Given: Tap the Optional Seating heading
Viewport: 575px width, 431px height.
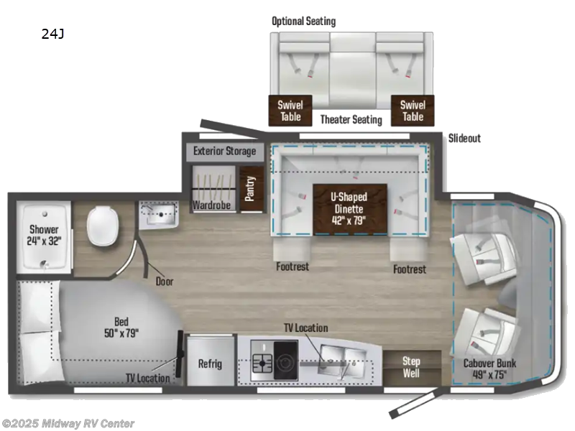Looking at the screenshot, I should click(x=303, y=21).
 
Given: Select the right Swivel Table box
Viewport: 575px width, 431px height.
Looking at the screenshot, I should click(x=413, y=111).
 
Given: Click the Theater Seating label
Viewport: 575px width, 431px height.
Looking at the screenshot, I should click(x=351, y=119).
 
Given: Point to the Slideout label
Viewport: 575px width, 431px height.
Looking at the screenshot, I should click(x=464, y=138).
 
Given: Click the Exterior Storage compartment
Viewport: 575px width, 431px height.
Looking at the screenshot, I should click(x=224, y=152).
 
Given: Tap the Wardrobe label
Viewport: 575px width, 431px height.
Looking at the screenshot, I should click(x=210, y=205).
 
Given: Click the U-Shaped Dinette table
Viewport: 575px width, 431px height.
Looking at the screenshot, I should click(x=350, y=208).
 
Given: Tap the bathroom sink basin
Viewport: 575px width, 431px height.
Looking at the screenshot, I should click(x=158, y=213).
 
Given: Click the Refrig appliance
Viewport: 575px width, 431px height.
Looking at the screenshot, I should click(x=210, y=363).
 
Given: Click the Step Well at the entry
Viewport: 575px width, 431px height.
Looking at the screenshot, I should click(x=410, y=367).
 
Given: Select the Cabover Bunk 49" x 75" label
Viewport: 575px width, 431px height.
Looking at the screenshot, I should click(x=490, y=369).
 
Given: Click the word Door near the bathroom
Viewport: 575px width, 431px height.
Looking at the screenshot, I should click(x=165, y=282).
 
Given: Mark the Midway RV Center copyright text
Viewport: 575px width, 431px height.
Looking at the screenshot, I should click(x=68, y=424).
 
